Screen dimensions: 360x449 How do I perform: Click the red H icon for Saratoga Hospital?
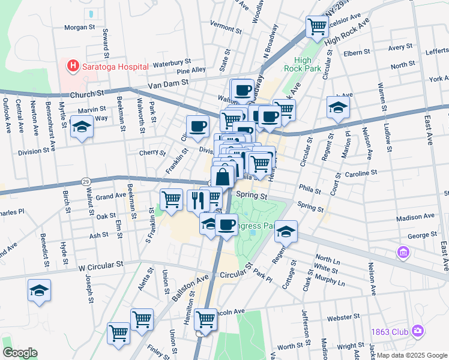click(73, 65)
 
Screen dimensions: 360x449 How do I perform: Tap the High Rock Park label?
click(303, 65)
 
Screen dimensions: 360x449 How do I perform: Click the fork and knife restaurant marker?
click(197, 200)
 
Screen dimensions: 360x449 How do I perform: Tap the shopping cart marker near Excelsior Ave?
click(316, 26)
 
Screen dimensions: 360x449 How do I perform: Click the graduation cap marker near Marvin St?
click(82, 128)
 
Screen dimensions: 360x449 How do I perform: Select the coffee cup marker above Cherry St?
click(197, 126)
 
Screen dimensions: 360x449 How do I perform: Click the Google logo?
click(20, 352)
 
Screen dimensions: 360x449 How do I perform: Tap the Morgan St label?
click(80, 27)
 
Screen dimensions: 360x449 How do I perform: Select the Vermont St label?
click(225, 27)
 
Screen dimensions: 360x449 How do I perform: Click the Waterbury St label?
click(172, 62)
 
